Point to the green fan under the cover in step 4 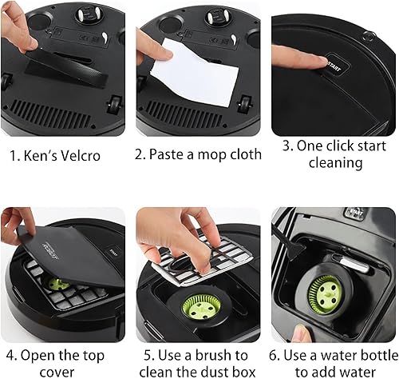coord(57,283)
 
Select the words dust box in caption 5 coord(228,372)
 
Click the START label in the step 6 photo coord(355,213)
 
